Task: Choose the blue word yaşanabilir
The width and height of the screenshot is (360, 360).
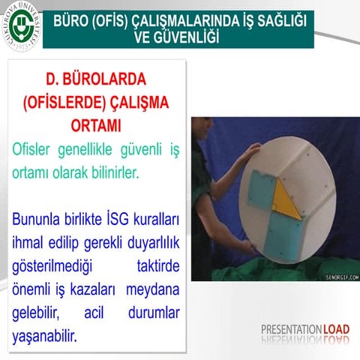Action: (x=46, y=335)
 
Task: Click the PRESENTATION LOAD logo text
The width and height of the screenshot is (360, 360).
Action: (x=304, y=328)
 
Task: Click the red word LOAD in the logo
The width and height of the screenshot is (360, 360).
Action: (x=336, y=328)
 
